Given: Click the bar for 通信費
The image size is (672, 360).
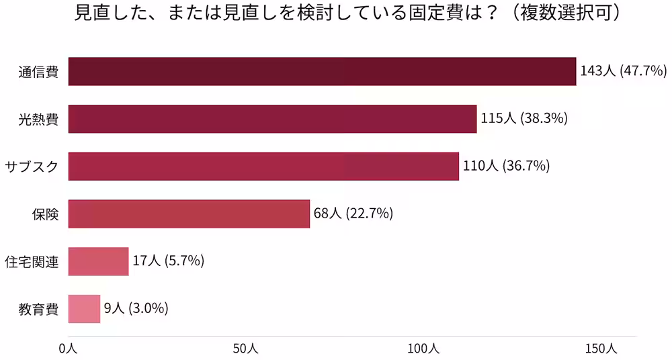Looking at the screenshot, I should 323,71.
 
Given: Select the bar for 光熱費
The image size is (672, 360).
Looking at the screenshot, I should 272,119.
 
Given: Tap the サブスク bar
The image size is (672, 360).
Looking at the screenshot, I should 263,167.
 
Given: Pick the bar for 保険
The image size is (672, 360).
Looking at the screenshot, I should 189,214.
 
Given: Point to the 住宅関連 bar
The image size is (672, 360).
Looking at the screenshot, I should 98,261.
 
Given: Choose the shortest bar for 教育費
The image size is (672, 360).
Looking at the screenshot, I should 84,309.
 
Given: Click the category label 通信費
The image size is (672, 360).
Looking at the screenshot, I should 38,72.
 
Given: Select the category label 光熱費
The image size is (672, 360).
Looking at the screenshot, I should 38,120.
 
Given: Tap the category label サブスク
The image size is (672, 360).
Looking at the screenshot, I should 32,167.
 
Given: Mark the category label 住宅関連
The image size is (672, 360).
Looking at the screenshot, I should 32,262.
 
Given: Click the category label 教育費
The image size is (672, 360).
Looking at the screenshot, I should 38,310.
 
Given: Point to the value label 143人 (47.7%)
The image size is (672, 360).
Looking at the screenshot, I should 623,71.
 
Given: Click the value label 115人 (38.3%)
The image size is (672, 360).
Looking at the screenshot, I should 524,119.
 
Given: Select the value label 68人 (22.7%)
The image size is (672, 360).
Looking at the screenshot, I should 353,214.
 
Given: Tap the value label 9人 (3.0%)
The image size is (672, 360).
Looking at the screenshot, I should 136,309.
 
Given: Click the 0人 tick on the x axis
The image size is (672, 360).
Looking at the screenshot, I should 68,349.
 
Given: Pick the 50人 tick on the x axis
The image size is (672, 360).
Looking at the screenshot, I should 245,349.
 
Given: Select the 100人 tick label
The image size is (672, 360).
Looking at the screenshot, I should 423,349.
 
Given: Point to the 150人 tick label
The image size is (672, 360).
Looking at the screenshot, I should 601,349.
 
